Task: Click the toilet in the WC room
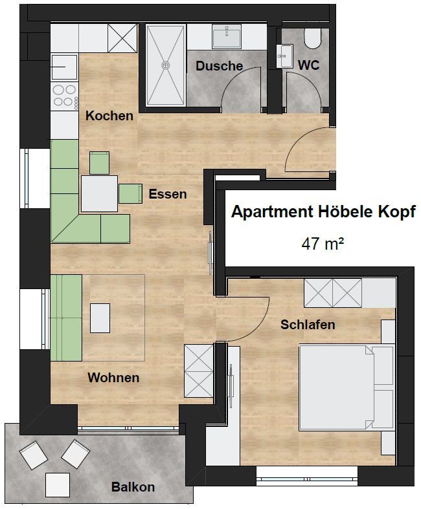click(x=313, y=38)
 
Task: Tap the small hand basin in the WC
click(x=284, y=56)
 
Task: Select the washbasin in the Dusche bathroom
click(x=227, y=37)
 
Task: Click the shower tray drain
click(x=166, y=65)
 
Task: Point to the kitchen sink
click(x=64, y=67)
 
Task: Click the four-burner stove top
click(x=64, y=96)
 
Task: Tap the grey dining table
click(x=99, y=193)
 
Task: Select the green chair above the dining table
click(x=100, y=162)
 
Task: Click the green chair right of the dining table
click(x=130, y=193)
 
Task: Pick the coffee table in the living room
click(x=100, y=318)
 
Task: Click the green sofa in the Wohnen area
click(x=66, y=318)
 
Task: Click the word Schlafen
click(x=308, y=324)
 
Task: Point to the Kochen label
click(x=109, y=116)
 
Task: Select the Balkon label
click(x=133, y=487)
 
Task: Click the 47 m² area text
click(x=323, y=244)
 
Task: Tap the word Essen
click(x=168, y=194)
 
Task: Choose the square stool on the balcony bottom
click(x=58, y=485)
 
